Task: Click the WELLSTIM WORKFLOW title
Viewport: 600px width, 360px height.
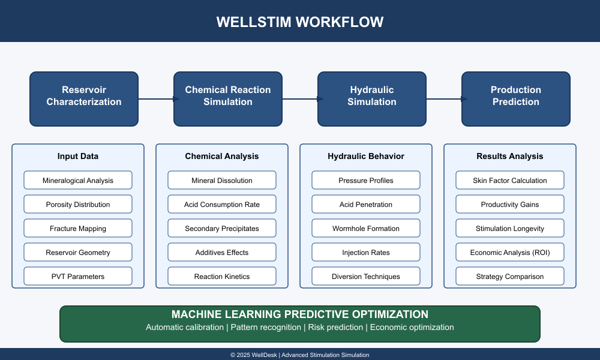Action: pos(299,22)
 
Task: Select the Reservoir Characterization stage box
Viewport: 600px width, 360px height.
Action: pos(84,99)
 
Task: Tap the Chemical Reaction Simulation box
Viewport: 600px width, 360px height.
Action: pos(228,99)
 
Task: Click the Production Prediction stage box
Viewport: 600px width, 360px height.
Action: pos(516,99)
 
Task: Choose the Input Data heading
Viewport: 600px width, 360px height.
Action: pos(77,156)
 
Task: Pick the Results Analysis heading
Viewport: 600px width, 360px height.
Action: pos(509,156)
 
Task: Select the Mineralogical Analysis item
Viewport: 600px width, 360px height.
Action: pos(78,180)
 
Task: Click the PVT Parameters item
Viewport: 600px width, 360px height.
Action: pos(78,276)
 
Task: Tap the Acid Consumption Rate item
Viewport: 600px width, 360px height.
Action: pos(222,204)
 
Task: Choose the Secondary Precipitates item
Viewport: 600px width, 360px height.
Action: pos(222,229)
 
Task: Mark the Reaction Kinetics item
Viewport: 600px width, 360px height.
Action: pos(222,276)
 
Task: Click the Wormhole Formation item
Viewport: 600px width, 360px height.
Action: pos(366,229)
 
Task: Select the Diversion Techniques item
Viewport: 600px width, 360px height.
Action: pos(366,276)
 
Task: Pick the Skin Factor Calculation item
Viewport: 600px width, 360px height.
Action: pos(509,180)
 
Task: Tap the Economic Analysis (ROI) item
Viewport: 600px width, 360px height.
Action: pos(509,253)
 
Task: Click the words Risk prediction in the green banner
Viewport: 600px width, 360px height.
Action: pos(335,327)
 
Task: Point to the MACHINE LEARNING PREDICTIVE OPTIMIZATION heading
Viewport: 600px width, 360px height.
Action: pos(299,314)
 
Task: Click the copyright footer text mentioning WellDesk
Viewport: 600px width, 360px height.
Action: pos(299,355)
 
